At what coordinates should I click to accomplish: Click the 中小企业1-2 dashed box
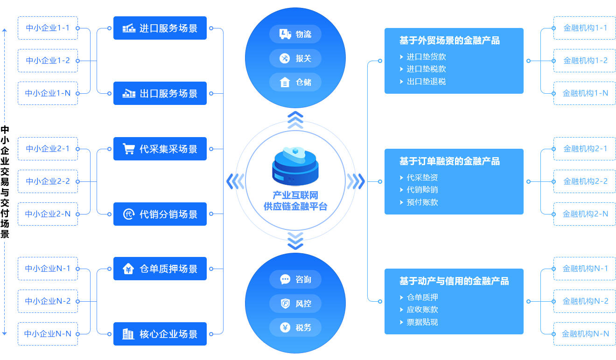(48, 61)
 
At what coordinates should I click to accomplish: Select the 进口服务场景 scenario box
(160, 28)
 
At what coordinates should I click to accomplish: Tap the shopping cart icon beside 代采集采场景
(128, 149)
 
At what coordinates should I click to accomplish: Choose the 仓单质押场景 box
(160, 269)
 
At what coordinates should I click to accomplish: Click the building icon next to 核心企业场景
(128, 334)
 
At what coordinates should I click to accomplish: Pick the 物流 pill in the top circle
(295, 34)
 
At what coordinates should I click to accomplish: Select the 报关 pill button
(295, 58)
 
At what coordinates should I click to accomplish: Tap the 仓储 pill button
(295, 82)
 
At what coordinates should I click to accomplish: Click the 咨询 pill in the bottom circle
(295, 279)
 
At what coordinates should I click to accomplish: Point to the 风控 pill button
(295, 304)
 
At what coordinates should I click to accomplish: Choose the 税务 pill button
(295, 327)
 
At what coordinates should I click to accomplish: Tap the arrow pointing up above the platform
(295, 120)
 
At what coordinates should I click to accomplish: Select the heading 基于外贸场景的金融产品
(449, 41)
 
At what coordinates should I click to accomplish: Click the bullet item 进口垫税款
(426, 69)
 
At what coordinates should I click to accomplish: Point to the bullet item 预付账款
(422, 202)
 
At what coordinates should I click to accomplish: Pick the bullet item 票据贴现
(422, 322)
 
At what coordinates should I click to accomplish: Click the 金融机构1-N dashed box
(585, 93)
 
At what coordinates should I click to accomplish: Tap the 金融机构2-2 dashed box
(585, 181)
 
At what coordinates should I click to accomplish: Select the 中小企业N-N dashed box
(48, 334)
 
